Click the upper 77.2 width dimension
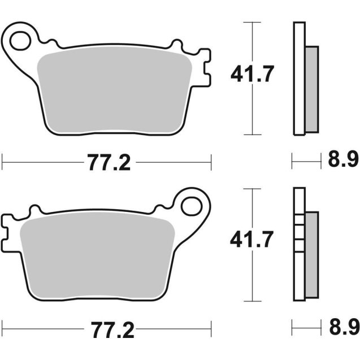click(x=109, y=163)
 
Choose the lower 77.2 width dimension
click(x=109, y=328)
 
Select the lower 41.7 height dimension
click(x=251, y=240)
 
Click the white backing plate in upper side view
click(x=299, y=79)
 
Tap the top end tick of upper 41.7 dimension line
click(x=252, y=22)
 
